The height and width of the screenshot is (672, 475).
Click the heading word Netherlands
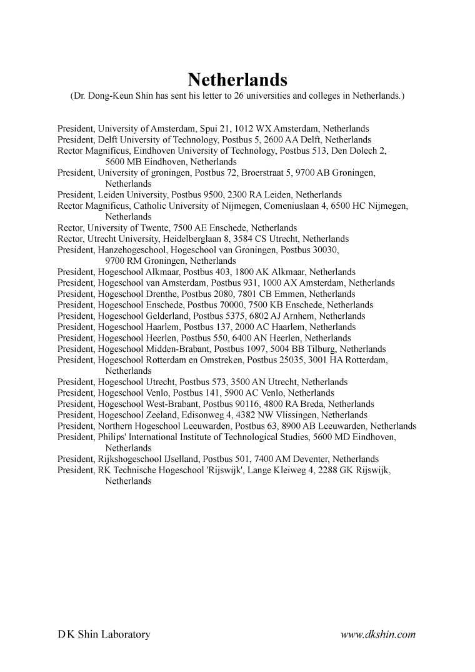point(237,81)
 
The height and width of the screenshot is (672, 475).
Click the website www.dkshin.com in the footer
point(378,635)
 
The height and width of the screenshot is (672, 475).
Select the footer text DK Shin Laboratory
point(104,635)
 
